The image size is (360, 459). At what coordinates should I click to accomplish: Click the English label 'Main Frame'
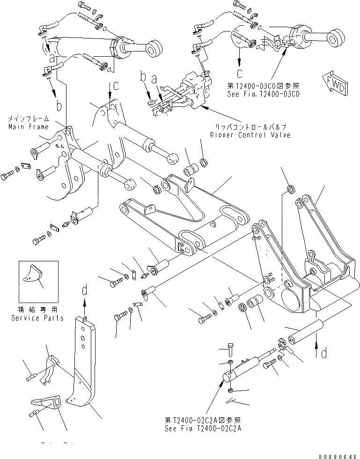point(28,127)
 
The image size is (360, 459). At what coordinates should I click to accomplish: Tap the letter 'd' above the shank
point(85,291)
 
